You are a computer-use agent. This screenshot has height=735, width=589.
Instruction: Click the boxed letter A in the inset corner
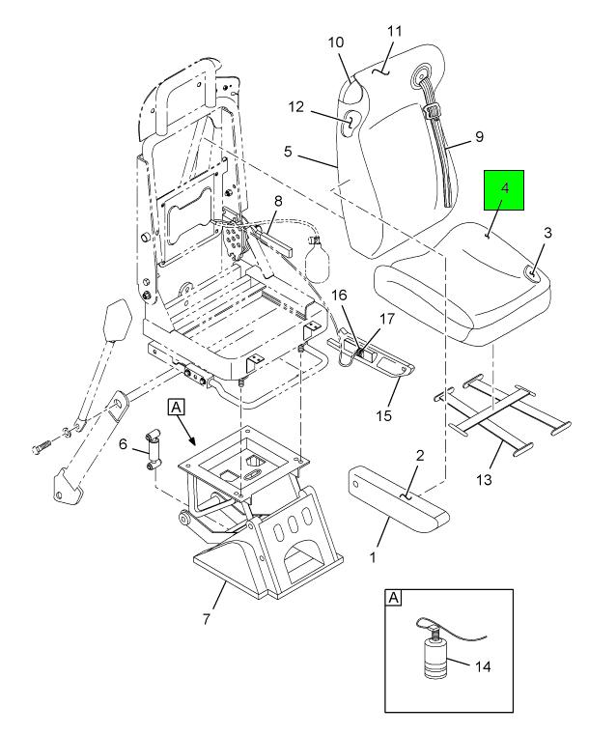click(393, 599)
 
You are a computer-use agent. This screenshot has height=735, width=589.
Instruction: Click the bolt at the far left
click(43, 447)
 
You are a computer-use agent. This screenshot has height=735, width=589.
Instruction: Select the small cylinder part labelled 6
click(152, 447)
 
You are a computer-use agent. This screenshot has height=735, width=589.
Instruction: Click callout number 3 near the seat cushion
click(547, 235)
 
